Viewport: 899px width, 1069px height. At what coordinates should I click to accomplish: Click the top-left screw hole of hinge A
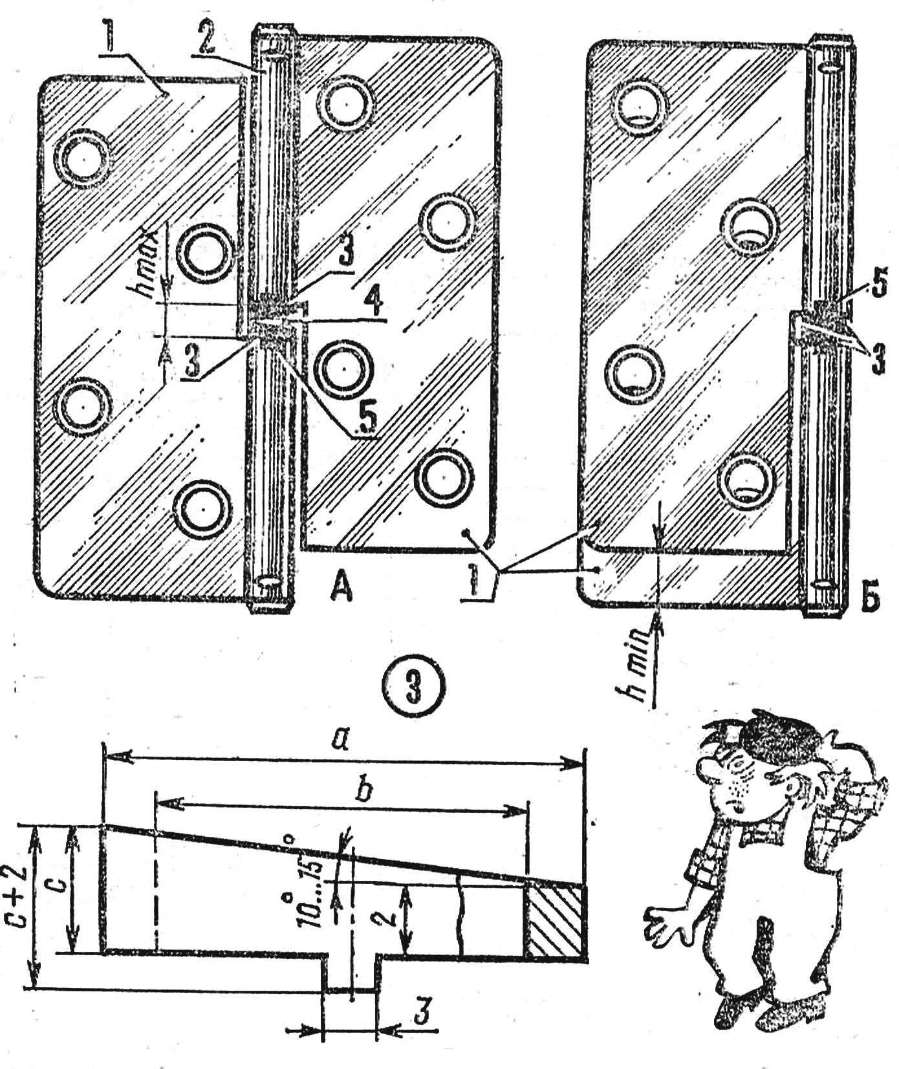(x=83, y=157)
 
